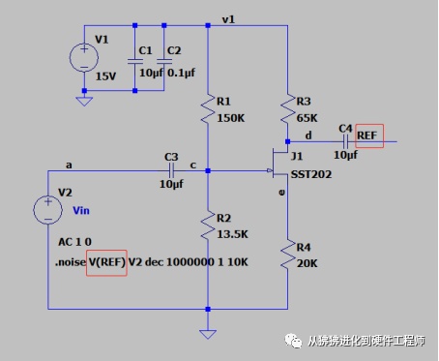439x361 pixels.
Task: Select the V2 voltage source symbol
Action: [x=47, y=210]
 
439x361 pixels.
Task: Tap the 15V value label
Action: [x=105, y=76]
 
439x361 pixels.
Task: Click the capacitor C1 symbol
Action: [x=135, y=61]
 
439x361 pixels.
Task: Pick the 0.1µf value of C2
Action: [x=181, y=73]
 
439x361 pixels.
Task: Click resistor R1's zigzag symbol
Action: [x=208, y=108]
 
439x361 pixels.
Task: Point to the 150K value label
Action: [x=231, y=118]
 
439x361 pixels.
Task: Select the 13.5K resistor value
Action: [x=232, y=234]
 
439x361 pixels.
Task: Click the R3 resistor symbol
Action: [x=287, y=108]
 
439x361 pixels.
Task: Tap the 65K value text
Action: [x=307, y=118]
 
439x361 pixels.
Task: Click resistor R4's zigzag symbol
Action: [x=287, y=254]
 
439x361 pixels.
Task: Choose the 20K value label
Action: [x=307, y=263]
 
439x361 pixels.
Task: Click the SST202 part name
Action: [x=311, y=174]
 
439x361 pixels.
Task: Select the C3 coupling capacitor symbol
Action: [x=171, y=170]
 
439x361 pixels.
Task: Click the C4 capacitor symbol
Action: [x=345, y=141]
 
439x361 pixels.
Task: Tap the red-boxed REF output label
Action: [x=369, y=135]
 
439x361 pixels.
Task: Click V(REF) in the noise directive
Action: [x=106, y=262]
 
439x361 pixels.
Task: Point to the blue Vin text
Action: [x=81, y=211]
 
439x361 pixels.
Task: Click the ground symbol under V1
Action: [x=84, y=102]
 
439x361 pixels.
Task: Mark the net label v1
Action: [x=228, y=19]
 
